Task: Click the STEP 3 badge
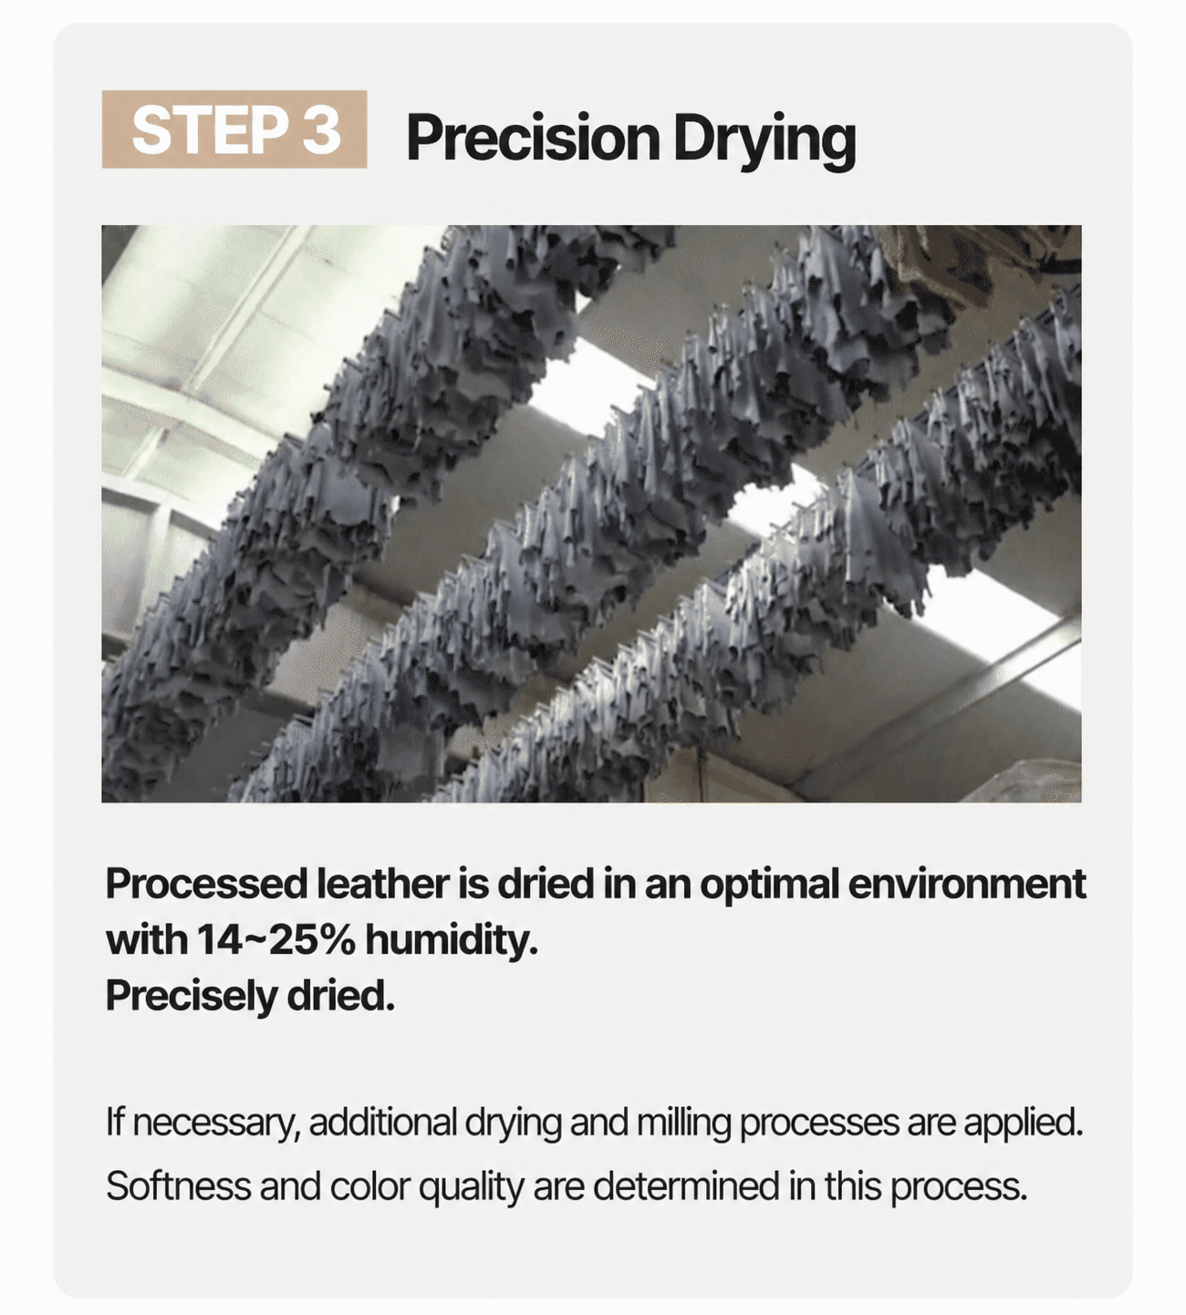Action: point(234,129)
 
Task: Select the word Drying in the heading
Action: point(765,142)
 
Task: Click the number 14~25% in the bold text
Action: point(275,941)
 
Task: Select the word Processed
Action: point(206,885)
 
